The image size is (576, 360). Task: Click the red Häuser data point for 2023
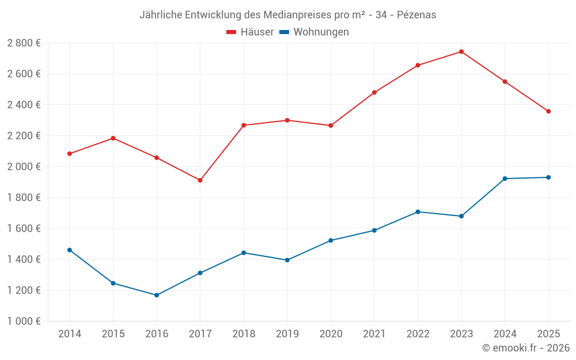[461, 52]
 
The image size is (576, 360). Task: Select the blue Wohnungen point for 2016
[157, 295]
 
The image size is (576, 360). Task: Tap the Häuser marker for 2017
[200, 180]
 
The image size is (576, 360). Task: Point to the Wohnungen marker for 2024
[505, 179]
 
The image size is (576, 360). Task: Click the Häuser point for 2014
[70, 154]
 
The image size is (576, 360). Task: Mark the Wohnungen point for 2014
[70, 250]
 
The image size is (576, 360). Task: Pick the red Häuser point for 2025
[548, 111]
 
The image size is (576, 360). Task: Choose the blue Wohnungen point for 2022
[418, 212]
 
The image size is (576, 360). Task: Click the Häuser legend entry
[250, 32]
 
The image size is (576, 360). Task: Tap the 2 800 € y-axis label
[24, 43]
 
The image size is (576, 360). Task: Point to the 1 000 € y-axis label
[24, 321]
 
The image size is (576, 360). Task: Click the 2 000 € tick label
[24, 166]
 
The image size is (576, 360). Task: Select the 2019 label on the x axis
[287, 334]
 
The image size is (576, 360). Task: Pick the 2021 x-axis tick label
[374, 334]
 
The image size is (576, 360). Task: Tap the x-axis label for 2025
[548, 334]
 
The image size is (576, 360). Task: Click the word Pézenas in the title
[416, 15]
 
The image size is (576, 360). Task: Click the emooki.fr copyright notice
[525, 348]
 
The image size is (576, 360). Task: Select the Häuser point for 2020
[331, 126]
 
